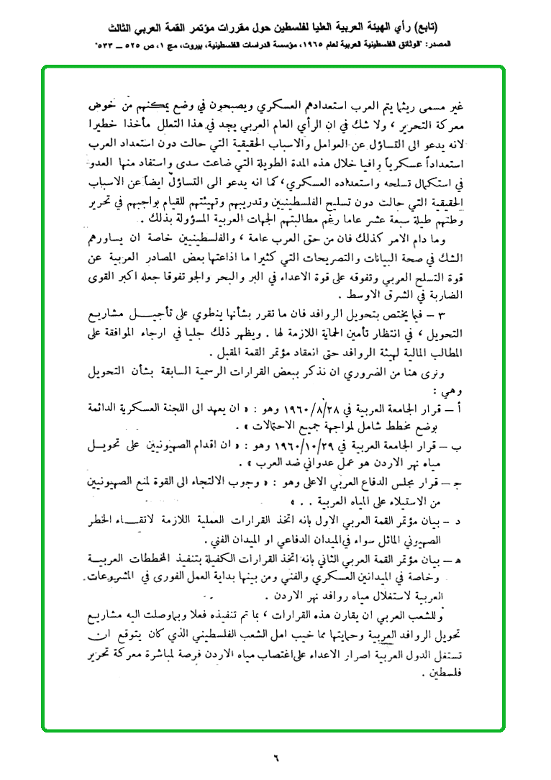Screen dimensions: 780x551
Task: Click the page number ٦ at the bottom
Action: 275,756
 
